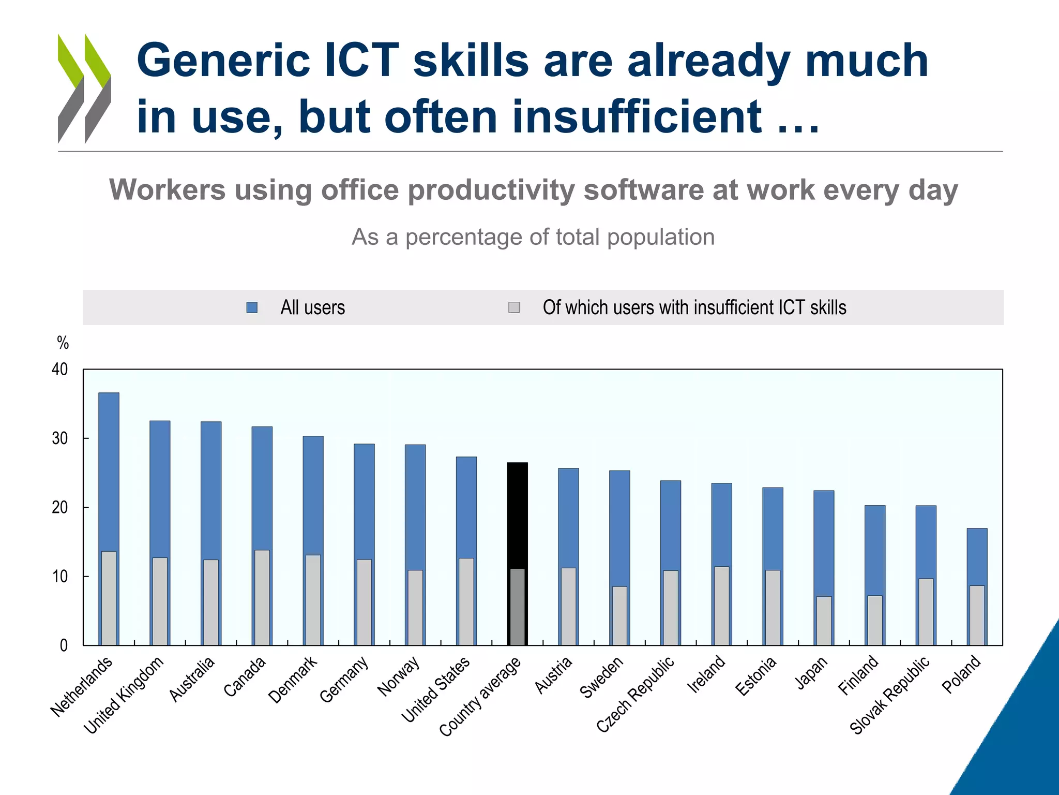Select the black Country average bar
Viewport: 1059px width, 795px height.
pos(517,512)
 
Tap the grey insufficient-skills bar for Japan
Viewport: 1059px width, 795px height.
pos(824,621)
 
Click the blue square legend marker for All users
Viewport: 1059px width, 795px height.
pos(252,307)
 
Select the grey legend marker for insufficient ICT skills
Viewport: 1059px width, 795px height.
pos(514,307)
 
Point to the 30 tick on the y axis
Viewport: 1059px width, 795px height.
pos(60,438)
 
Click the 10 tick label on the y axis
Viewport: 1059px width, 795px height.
pos(60,577)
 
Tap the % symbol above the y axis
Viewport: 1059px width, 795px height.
pos(63,343)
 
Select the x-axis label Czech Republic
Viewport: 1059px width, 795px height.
pos(636,694)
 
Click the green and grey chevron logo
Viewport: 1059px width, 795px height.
pos(84,88)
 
